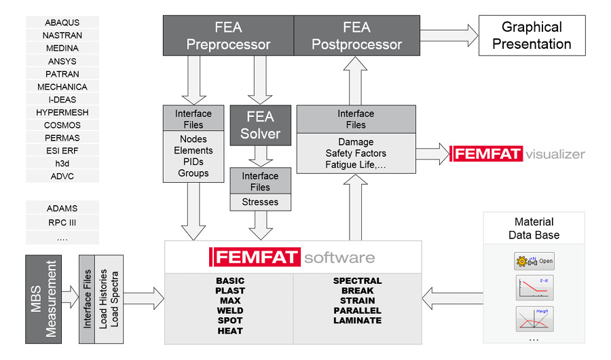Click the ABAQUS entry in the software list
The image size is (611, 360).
click(x=62, y=22)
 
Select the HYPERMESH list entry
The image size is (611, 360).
click(x=62, y=112)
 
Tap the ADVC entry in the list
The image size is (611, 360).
click(x=62, y=176)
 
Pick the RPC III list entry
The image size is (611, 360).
click(x=62, y=222)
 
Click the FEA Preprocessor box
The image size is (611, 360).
click(x=228, y=36)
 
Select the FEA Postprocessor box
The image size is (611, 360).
click(x=356, y=36)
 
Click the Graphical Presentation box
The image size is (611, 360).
click(x=532, y=36)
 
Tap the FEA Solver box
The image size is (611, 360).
click(x=260, y=125)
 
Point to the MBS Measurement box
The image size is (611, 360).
click(x=43, y=299)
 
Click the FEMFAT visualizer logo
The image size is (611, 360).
click(x=517, y=154)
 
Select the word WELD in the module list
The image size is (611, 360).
click(x=230, y=310)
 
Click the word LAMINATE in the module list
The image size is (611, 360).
click(x=357, y=320)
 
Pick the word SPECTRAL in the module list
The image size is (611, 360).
click(x=357, y=281)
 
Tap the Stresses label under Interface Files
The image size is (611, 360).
click(x=260, y=202)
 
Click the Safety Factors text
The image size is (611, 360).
click(x=356, y=154)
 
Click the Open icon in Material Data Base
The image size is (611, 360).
click(x=534, y=261)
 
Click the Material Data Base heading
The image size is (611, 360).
click(x=534, y=228)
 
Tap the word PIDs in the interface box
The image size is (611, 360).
click(x=193, y=162)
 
